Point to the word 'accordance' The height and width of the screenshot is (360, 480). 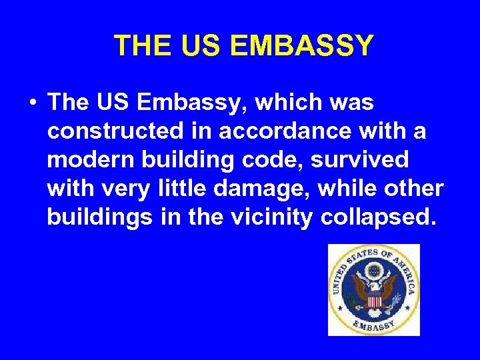[274, 132]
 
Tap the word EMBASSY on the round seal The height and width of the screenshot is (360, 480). [373, 325]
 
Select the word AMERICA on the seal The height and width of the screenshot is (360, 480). [403, 270]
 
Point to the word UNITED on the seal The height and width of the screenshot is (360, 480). [337, 276]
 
